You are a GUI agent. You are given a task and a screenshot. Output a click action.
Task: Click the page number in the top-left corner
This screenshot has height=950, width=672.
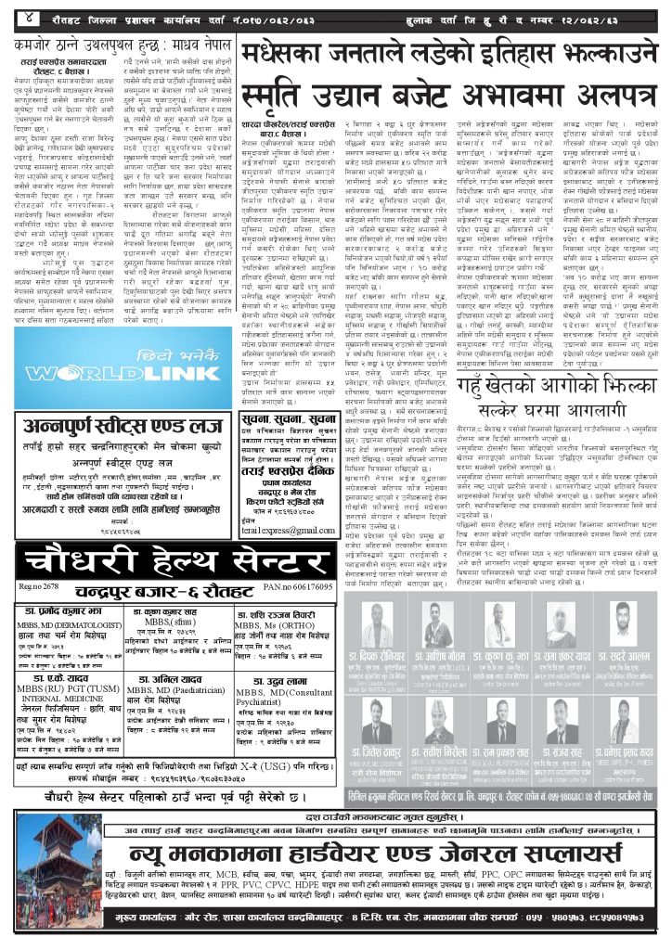31,18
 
